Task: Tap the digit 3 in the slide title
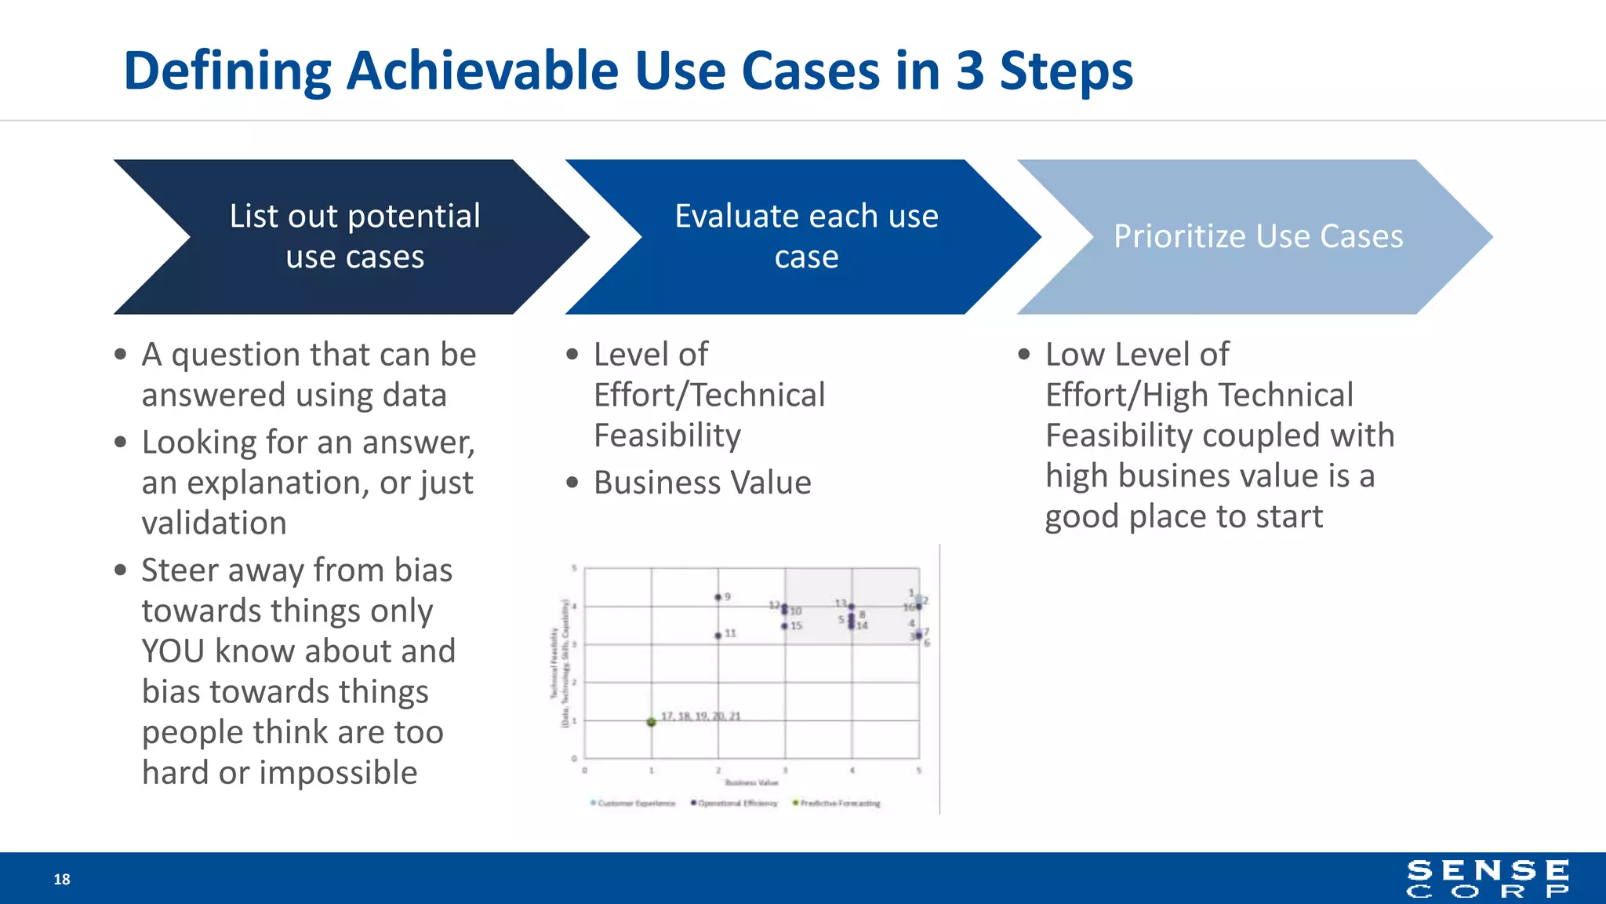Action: point(970,71)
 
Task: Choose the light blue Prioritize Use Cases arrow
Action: point(1257,237)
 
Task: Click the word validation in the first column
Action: point(214,523)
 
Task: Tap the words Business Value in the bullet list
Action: point(702,483)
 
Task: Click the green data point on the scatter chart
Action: point(652,721)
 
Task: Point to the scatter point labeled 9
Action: point(718,598)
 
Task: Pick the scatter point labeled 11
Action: point(718,635)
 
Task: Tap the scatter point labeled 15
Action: point(784,626)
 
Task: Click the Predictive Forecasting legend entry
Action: point(837,804)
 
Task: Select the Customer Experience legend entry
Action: point(634,804)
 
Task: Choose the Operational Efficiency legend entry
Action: point(735,804)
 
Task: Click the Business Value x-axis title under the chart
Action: point(751,782)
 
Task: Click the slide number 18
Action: point(62,880)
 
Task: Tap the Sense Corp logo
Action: point(1488,879)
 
